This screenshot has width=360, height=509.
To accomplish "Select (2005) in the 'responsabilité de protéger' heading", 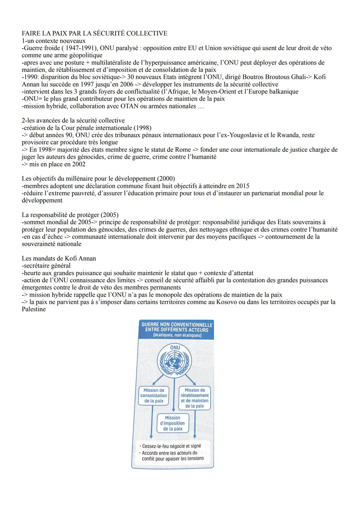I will tap(109, 215).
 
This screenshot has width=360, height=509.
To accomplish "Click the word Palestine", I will tap(34, 309).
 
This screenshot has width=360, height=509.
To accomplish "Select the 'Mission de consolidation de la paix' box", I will tap(154, 396).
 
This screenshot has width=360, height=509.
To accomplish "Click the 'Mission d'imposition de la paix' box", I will tap(173, 423).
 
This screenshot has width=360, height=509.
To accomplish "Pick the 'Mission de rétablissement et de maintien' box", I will tap(195, 398).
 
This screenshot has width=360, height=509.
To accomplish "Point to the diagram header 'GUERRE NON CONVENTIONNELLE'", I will tap(177, 325).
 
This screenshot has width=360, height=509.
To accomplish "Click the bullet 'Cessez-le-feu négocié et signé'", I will tap(171, 446).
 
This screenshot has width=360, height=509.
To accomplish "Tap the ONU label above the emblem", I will tap(175, 347).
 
